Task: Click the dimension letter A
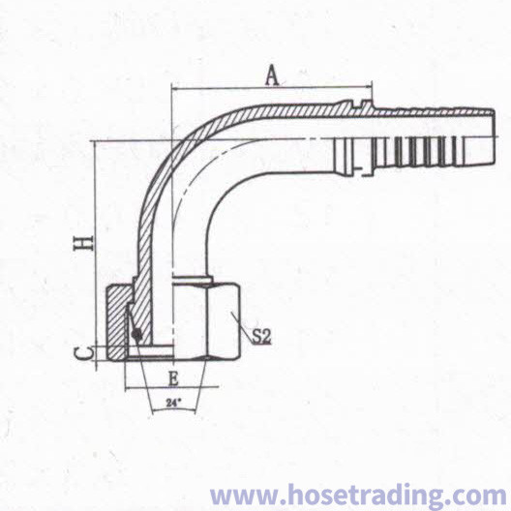coord(272,75)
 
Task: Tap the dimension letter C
coord(81,353)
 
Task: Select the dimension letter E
coord(173,379)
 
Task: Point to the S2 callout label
coord(261,337)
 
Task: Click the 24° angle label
coord(173,403)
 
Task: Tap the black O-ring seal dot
coord(136,334)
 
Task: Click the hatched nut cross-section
coord(117,322)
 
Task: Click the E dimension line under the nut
coord(171,388)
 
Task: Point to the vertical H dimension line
coord(96,255)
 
